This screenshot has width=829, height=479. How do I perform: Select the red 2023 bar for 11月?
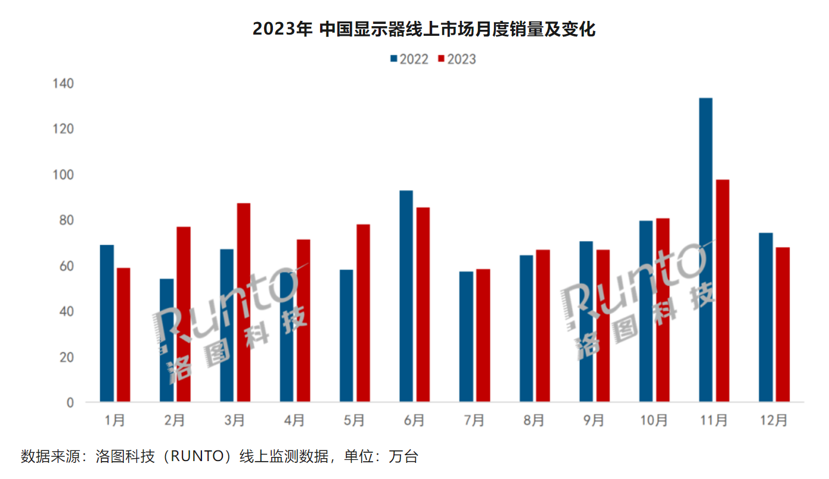coord(722,291)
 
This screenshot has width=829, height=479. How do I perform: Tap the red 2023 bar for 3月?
coord(243,302)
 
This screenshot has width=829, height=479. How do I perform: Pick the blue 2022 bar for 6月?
coord(406,296)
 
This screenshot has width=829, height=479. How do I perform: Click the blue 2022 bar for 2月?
coord(166,340)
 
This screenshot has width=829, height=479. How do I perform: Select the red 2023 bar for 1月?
coord(123,335)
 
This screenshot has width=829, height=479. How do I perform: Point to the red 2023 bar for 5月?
coord(363,313)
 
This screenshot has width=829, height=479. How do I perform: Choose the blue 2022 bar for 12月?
coord(766,317)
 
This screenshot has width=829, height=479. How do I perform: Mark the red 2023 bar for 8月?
coord(542,326)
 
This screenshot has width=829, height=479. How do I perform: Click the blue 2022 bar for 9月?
coord(586,322)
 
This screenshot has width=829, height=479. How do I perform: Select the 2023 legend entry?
coord(457,59)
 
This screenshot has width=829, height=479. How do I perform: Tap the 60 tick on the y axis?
coord(66,266)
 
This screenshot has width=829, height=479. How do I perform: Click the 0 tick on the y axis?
coord(70,403)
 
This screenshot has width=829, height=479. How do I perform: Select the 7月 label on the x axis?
coord(474,421)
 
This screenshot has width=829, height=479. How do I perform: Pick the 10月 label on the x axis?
coord(654,421)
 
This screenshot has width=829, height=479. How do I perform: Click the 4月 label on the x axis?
coord(294,421)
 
